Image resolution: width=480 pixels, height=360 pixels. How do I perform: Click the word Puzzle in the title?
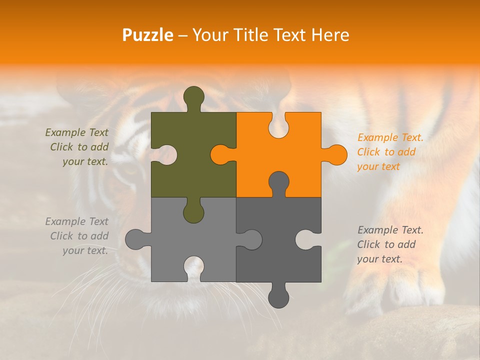coord(148,35)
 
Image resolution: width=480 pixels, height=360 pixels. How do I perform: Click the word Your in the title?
coord(209,35)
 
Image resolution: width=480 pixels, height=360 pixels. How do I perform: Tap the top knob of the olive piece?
coord(193,97)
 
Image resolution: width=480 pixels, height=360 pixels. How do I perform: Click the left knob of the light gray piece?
coord(136,239)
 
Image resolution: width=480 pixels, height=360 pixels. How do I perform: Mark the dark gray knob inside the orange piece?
coord(278,182)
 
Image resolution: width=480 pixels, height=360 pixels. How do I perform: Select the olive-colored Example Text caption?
coord(77,147)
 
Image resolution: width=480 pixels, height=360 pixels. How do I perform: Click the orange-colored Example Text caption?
coord(390,152)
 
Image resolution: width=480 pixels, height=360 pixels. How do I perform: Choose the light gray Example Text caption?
coord(77,236)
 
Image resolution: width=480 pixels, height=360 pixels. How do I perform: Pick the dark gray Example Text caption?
coord(390,244)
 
